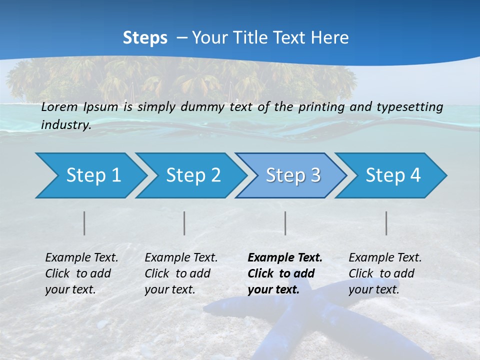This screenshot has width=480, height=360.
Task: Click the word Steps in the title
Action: pos(145,37)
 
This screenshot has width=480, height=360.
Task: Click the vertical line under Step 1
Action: pos(84,223)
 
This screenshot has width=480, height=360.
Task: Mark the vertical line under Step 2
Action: pos(184,223)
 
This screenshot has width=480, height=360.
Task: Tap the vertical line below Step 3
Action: pos(285,223)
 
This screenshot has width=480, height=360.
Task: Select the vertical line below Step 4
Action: pos(386,223)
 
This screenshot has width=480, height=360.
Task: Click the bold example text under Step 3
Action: pos(285,273)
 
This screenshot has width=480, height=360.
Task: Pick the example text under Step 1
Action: pos(81,273)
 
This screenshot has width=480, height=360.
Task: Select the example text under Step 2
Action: pos(181,273)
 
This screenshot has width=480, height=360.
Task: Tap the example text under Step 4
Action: pos(385,273)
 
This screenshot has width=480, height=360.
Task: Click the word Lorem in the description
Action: pos(59,107)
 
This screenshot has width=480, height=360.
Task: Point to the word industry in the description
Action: pos(66,125)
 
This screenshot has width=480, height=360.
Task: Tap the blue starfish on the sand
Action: pos(300,315)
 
